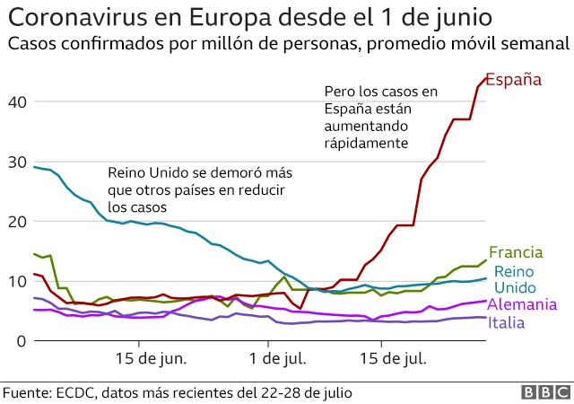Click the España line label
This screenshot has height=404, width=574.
513,80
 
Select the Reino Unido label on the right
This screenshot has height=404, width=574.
515,279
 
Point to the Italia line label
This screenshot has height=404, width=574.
507,322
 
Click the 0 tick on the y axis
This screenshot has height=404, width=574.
18,340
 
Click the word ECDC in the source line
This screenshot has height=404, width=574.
84,393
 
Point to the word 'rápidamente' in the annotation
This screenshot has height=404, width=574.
367,143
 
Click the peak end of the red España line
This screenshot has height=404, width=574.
485,78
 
